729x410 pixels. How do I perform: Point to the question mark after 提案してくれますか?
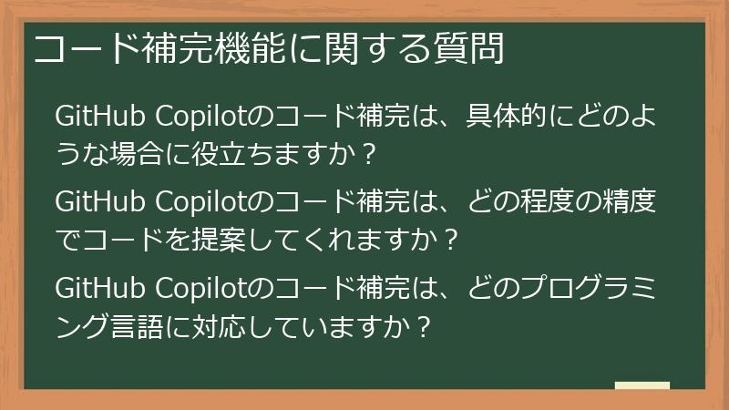coord(446,238)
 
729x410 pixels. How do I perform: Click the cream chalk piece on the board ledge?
coord(642,386)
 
